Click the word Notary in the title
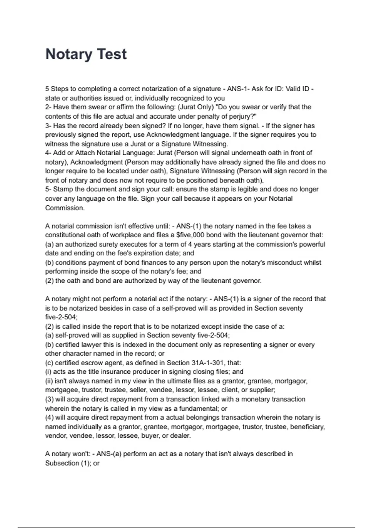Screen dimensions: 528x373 (69, 54)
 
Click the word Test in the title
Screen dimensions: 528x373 (112, 54)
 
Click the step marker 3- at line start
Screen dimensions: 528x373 (48, 126)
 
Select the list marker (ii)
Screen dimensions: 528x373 (49, 381)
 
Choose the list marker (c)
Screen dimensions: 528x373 (49, 363)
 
